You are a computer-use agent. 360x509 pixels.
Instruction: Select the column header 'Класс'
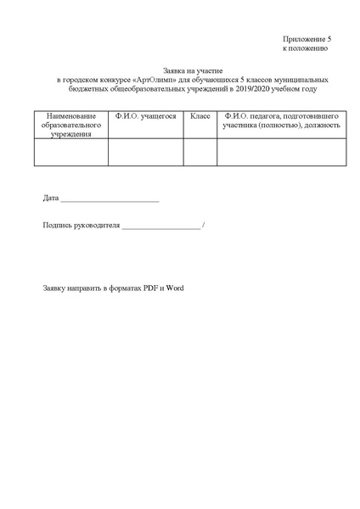pos(200,115)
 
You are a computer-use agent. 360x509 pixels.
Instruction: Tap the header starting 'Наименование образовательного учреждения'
pos(71,124)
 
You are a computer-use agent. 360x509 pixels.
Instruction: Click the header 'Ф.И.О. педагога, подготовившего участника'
pos(282,120)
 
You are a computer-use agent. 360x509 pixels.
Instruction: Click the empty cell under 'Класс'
pos(200,151)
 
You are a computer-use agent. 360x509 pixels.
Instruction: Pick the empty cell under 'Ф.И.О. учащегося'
pos(146,151)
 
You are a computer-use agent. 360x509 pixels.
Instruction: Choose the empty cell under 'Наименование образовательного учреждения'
pos(71,151)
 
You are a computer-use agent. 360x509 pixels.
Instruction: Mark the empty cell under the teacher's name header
pos(282,151)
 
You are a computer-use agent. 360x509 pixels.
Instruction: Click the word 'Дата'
pos(51,199)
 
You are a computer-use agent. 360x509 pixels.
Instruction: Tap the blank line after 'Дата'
pos(110,200)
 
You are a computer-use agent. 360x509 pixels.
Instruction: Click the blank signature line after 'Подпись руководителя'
pos(162,227)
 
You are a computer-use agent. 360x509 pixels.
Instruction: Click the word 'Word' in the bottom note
pos(176,288)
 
